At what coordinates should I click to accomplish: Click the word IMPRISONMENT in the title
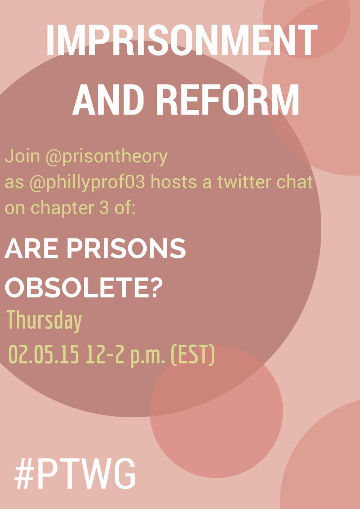pyautogui.click(x=182, y=40)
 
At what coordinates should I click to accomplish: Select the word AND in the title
pyautogui.click(x=108, y=99)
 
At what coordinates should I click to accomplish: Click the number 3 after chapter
pyautogui.click(x=104, y=208)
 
